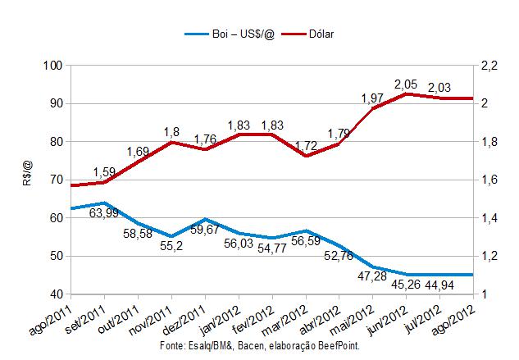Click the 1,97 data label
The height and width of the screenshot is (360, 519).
(x=374, y=98)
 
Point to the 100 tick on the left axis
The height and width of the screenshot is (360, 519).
(x=52, y=66)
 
